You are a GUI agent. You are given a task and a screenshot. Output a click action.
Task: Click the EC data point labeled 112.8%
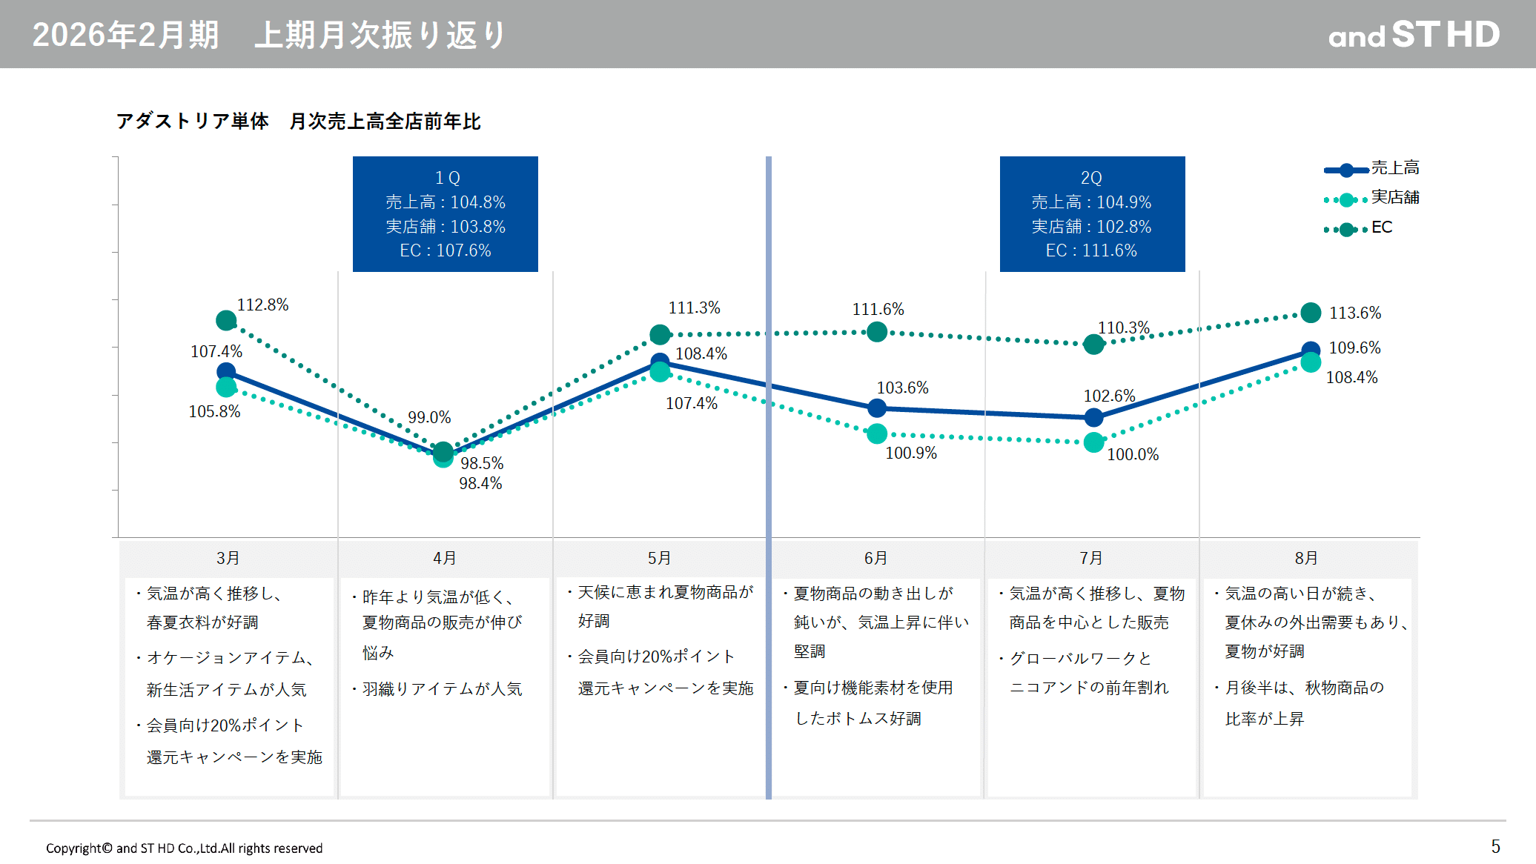pyautogui.click(x=226, y=321)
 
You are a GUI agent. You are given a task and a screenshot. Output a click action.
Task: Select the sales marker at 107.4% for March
pyautogui.click(x=226, y=372)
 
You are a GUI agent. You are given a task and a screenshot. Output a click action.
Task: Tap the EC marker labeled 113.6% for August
pyautogui.click(x=1311, y=313)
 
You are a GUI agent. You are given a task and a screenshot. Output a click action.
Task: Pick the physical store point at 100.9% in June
pyautogui.click(x=877, y=433)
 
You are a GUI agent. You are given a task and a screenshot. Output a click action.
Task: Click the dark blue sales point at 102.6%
pyautogui.click(x=1093, y=418)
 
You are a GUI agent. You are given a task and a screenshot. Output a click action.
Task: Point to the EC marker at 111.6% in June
pyautogui.click(x=877, y=332)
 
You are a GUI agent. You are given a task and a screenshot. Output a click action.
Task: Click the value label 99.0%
pyautogui.click(x=429, y=417)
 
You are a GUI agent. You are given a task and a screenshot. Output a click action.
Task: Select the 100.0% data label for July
pyautogui.click(x=1133, y=454)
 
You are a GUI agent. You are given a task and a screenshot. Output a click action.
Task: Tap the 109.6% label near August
pyautogui.click(x=1354, y=348)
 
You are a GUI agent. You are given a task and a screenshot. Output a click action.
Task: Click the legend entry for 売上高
pyautogui.click(x=1371, y=169)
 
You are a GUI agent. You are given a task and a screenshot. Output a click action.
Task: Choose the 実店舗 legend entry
pyautogui.click(x=1371, y=198)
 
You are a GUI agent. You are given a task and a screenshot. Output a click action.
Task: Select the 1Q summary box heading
pyautogui.click(x=447, y=178)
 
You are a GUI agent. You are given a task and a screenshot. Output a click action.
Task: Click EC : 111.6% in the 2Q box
pyautogui.click(x=1091, y=250)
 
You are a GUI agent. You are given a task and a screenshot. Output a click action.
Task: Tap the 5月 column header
pyautogui.click(x=659, y=558)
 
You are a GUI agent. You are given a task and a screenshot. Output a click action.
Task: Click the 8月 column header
pyautogui.click(x=1306, y=558)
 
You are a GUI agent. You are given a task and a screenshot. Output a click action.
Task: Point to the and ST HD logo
pyautogui.click(x=1414, y=35)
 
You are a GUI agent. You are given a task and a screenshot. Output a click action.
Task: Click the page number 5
pyautogui.click(x=1495, y=846)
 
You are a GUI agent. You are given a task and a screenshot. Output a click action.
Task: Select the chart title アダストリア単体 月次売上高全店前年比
pyautogui.click(x=298, y=122)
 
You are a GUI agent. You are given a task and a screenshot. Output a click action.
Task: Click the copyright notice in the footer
pyautogui.click(x=184, y=848)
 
